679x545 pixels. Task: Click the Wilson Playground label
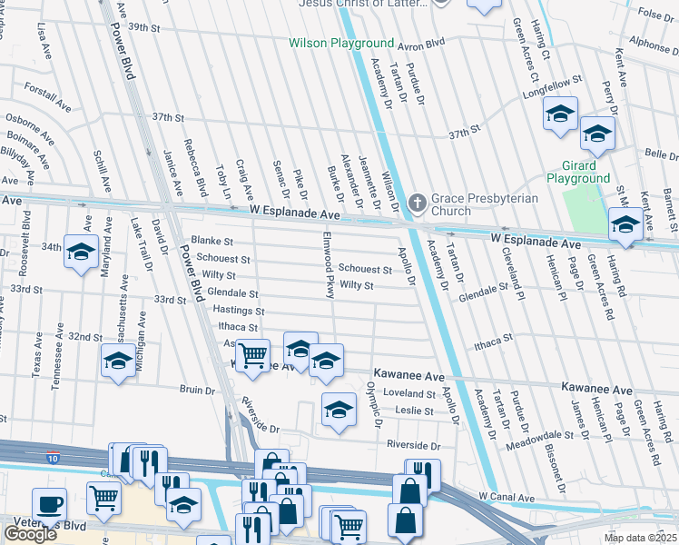[341, 44]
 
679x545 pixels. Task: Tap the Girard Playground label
[579, 173]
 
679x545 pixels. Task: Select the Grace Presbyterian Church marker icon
[417, 202]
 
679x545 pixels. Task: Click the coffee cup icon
[49, 503]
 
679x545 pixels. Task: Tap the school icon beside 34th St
[81, 252]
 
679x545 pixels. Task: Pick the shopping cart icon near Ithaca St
[252, 353]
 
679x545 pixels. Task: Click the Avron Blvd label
[423, 42]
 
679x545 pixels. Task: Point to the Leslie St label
[415, 411]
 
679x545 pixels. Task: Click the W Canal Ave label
[507, 496]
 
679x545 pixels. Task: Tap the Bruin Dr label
[197, 390]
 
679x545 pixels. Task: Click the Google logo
[30, 533]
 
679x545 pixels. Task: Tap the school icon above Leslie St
[339, 409]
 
